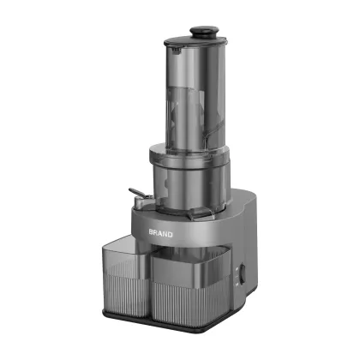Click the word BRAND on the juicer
[x=160, y=233]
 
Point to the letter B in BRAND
[x=151, y=233]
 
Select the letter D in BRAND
[x=170, y=233]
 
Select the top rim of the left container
[x=129, y=249]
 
